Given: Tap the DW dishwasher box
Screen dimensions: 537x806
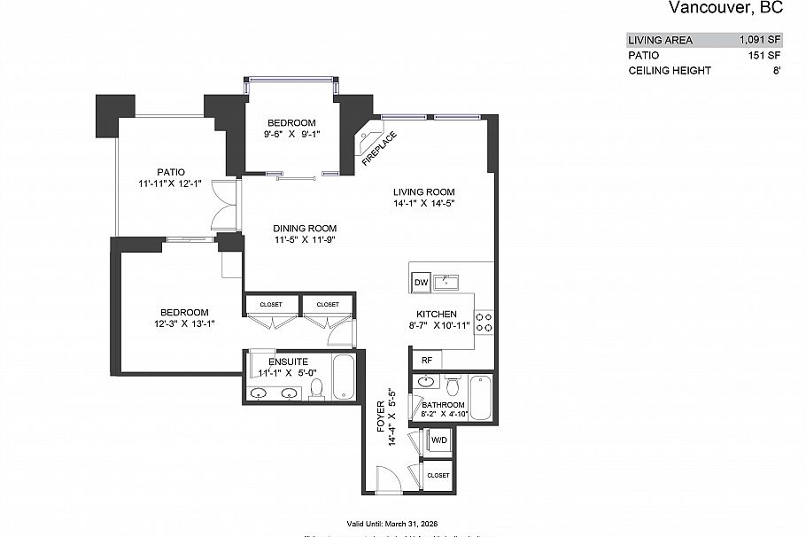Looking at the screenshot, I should [421, 283].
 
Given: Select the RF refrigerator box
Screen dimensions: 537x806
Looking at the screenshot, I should [426, 360].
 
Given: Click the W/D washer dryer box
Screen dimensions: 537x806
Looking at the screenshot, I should [438, 440].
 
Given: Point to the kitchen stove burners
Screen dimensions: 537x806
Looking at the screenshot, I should [484, 322].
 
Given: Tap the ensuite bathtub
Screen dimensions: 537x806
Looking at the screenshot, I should [343, 380].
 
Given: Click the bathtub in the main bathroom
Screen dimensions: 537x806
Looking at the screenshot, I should [480, 398].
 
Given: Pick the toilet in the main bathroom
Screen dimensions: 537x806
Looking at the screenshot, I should [453, 386].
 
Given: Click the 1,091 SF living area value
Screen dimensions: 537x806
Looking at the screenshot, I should [760, 40].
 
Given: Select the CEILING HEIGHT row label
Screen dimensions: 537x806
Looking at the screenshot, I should [669, 70].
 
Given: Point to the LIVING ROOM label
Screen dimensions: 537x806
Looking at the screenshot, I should [424, 192].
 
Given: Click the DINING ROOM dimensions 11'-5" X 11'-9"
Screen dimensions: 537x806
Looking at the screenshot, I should [304, 239].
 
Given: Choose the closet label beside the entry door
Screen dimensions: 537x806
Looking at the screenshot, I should [438, 476].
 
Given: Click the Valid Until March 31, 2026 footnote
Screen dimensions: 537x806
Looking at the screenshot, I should [403, 522].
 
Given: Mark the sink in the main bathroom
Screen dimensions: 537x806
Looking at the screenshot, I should [426, 383].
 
